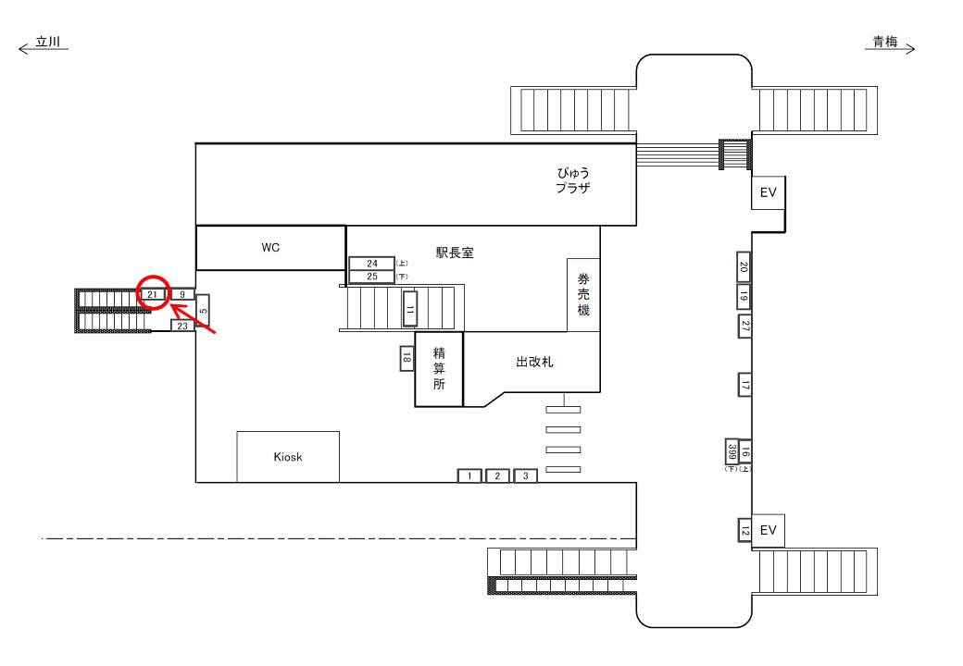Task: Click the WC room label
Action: tap(269, 248)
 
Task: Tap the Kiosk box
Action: tap(288, 457)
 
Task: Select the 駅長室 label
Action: tap(455, 253)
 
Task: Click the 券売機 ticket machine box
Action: tap(583, 295)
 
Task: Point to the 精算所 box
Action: tap(438, 369)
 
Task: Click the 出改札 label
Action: tap(534, 363)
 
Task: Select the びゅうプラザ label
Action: tap(573, 179)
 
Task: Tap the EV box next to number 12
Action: tap(767, 530)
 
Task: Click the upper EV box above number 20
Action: tap(767, 192)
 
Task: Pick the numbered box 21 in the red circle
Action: tap(153, 294)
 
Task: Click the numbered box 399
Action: tap(732, 450)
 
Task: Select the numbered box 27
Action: tap(744, 326)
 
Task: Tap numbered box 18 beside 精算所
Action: tap(406, 358)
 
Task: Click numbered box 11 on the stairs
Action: tap(409, 308)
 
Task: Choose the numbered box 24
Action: tap(371, 264)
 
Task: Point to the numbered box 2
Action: tap(497, 475)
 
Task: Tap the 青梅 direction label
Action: tap(887, 43)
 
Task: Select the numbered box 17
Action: tap(744, 384)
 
